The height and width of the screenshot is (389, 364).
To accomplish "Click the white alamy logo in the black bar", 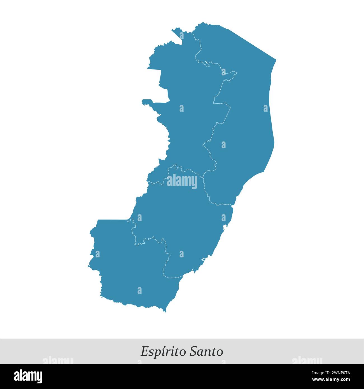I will coord(28,376).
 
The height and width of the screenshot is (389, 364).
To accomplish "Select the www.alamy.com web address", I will coord(331,380).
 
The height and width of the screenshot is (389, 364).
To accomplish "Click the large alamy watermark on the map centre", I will coord(182,181).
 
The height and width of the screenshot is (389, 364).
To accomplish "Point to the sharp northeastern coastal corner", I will coord(276,60).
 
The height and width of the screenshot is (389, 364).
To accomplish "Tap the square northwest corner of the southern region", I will coord(99,221).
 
